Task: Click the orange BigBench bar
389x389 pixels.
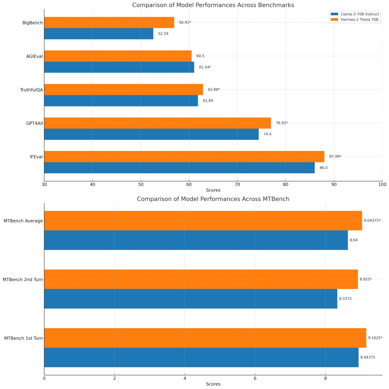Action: pos(109,23)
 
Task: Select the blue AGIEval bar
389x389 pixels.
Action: pos(119,67)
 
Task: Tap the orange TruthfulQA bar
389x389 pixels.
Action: pos(123,89)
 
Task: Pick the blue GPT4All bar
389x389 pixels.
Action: pos(151,134)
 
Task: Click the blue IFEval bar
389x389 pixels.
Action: pos(179,168)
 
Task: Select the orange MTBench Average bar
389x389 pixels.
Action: pos(203,221)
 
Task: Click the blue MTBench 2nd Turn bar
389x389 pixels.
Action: pos(191,299)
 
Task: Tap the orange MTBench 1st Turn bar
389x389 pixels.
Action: pos(205,338)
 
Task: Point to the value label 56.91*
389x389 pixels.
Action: pos(185,23)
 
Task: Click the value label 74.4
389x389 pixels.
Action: pos(267,134)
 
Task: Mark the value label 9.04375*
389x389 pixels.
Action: pos(372,221)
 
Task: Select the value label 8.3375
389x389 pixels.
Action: pos(345,299)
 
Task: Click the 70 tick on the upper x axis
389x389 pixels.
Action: pos(237,184)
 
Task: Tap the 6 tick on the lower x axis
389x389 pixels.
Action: pos(255,378)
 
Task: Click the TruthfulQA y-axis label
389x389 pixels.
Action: pos(31,90)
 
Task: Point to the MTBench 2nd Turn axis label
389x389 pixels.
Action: pos(23,279)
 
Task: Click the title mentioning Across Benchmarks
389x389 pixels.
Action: pos(213,5)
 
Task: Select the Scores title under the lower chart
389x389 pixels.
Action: pos(213,384)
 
